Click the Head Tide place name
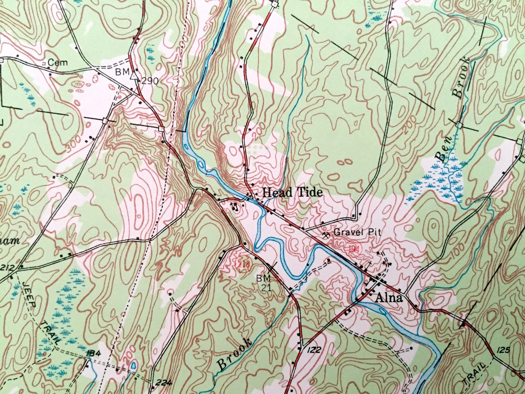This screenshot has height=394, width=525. click(292, 192)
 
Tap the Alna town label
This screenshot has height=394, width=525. click(389, 298)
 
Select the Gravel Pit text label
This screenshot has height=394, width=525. click(358, 232)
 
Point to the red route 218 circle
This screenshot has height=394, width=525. click(242, 264)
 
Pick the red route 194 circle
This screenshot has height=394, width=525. click(354, 249)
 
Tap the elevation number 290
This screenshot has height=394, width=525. click(150, 81)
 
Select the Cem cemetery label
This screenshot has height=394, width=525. click(58, 63)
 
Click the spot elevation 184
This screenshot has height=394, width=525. click(93, 353)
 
